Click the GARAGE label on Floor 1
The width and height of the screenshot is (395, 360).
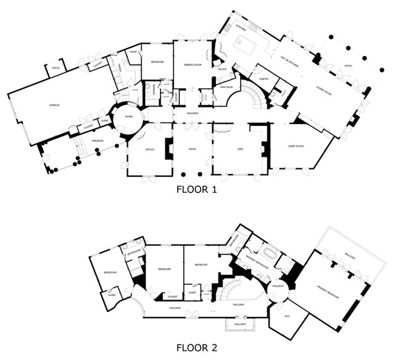click(x=54, y=105)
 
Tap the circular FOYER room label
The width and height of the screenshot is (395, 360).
click(x=128, y=116)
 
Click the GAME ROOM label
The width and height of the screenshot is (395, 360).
click(x=298, y=146)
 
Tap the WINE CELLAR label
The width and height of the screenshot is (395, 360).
click(x=226, y=87)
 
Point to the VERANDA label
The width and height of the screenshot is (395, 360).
click(x=98, y=142)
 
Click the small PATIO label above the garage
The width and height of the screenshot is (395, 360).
click(x=56, y=68)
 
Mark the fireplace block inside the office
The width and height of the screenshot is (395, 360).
click(x=168, y=149)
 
